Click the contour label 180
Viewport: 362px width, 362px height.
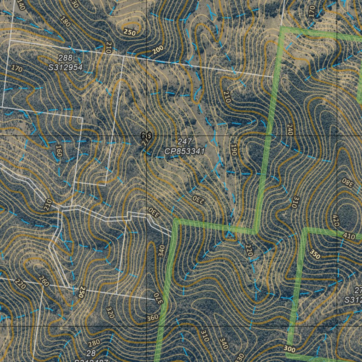point(65,22)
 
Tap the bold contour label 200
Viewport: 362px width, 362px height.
point(158,51)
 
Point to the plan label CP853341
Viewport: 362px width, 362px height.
point(185,151)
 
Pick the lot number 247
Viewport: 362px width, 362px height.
point(185,142)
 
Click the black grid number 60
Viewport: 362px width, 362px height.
point(146,136)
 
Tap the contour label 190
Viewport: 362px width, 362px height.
point(233,150)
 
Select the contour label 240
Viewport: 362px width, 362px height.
point(290,130)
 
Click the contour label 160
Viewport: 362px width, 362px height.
point(59,151)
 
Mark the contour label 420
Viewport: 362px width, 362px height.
point(336,220)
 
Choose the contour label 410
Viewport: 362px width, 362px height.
point(349,236)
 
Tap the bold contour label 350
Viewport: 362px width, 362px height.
point(315,254)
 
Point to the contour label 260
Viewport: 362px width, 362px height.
point(44,281)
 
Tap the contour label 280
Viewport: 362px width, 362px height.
point(94,343)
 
